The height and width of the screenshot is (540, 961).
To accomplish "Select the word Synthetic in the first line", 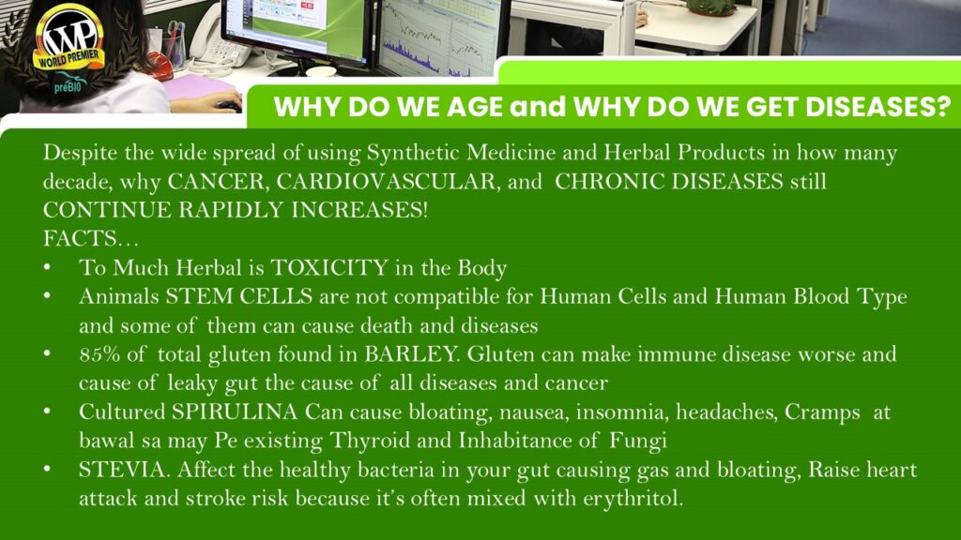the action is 413,153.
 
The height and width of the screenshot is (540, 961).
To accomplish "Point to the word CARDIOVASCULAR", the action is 386,182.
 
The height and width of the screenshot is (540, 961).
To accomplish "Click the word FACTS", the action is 80,239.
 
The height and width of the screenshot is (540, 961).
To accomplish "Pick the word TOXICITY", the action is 329,267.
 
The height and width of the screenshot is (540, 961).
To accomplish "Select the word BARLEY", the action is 410,353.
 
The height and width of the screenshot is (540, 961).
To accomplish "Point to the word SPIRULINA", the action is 235,412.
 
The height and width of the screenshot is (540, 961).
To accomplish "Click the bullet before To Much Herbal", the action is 47,267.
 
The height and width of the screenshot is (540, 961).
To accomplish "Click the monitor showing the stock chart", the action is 439,37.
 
